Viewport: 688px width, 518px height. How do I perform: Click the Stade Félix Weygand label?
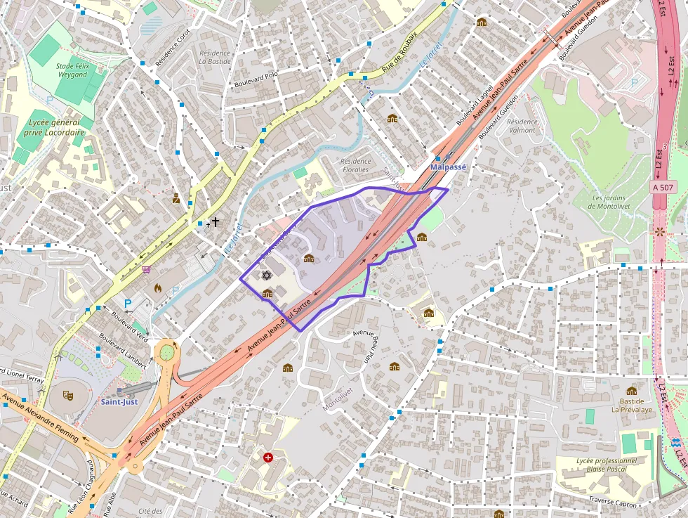coord(72,70)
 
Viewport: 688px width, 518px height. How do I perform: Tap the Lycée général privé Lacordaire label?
coord(54,127)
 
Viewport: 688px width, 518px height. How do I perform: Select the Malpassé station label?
coord(448,167)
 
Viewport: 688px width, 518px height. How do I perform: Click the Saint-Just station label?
coord(118,402)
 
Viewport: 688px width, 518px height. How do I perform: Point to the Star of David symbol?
coord(266,275)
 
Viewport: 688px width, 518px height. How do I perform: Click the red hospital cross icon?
coord(267,458)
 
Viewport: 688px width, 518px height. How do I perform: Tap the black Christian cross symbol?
coord(216,222)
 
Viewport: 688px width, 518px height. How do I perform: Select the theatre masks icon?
coord(68,396)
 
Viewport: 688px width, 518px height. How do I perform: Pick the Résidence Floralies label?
coord(355,165)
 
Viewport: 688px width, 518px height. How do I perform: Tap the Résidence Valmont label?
coord(522,126)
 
